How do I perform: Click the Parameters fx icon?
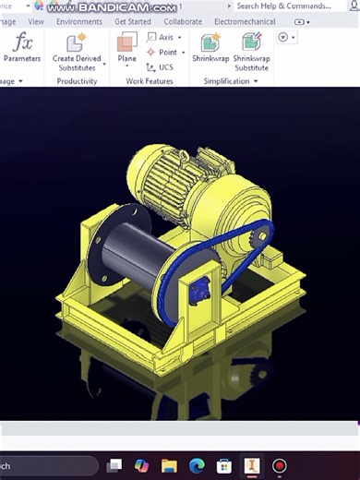point(23,42)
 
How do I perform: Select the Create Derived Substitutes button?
point(77,43)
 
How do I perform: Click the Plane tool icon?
point(127,43)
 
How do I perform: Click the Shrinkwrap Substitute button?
point(251,43)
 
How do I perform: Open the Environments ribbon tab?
point(78,21)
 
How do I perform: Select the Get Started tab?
point(133,21)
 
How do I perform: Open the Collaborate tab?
point(183,21)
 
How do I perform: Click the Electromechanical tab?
point(244,21)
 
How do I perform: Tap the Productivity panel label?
point(77,81)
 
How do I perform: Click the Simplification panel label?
point(227,81)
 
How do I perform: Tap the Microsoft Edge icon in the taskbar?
point(196,466)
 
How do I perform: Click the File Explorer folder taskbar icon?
point(169,466)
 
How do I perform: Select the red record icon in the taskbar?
point(278,466)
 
